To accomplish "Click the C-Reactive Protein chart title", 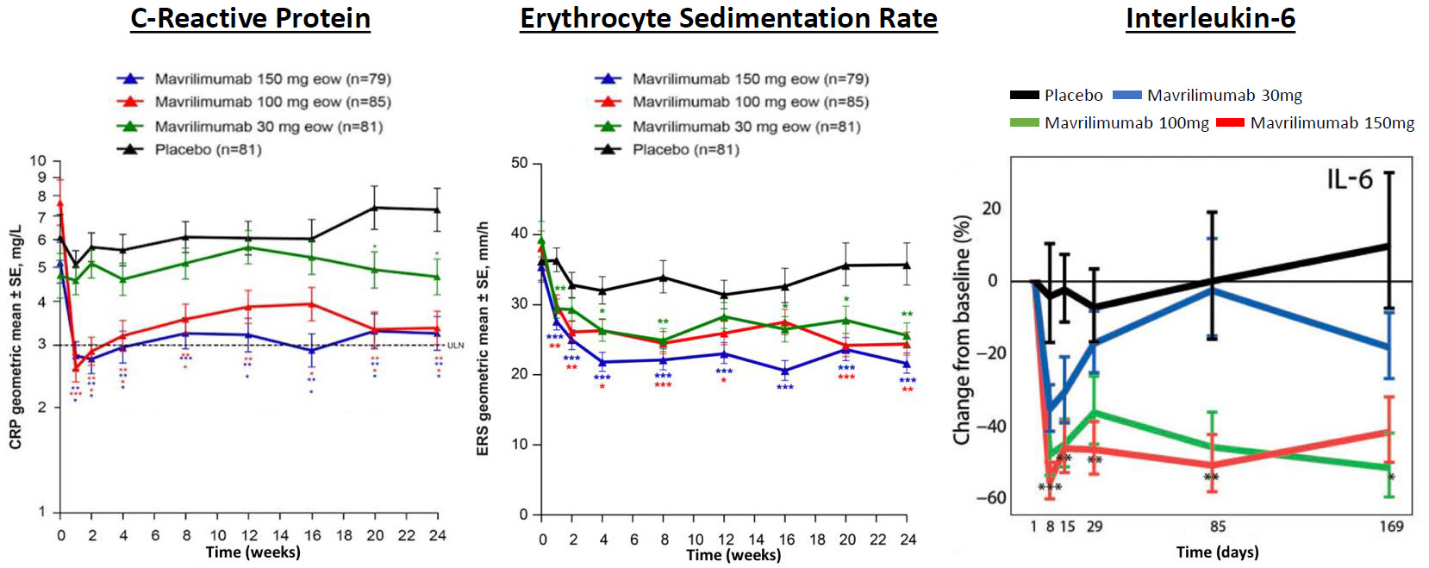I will (x=250, y=18).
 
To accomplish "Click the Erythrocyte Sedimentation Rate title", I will (x=728, y=18).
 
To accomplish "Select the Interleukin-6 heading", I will (x=1210, y=18).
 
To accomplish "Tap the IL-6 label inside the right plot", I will (x=1349, y=179).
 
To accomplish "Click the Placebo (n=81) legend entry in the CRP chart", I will (x=208, y=149).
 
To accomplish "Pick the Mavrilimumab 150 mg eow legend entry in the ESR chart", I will (x=750, y=79).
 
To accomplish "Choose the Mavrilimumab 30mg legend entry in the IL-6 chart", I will (x=1224, y=96).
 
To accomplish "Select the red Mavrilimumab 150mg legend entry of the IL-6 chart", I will (x=1332, y=123).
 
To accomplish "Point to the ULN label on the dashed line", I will (x=455, y=346).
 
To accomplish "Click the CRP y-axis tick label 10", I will (x=38, y=161).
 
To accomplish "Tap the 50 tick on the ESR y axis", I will (x=520, y=163).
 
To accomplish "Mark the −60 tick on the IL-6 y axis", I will (x=990, y=497).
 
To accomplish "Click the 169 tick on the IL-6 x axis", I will (x=1391, y=527).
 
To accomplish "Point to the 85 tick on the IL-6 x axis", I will (x=1217, y=527).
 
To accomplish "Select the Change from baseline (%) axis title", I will (x=962, y=330).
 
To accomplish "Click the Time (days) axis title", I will (x=1217, y=552).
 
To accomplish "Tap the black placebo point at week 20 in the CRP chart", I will (x=374, y=208).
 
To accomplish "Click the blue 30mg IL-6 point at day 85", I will (x=1213, y=290).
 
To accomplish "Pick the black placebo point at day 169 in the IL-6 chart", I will (x=1388, y=246).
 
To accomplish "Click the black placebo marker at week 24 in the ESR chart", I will (x=907, y=265).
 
